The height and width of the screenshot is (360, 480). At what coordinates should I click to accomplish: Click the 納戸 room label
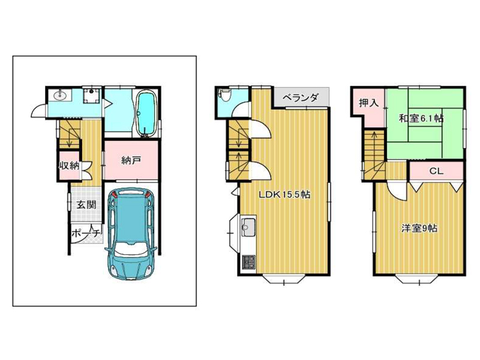pos(131,160)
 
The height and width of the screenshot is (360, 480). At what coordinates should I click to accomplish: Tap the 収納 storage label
pos(69,166)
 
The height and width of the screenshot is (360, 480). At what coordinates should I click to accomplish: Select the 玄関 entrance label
pos(86,205)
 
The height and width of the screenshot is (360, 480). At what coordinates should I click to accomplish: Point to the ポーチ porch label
pos(86,233)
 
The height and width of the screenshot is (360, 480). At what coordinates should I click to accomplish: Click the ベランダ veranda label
pos(301,98)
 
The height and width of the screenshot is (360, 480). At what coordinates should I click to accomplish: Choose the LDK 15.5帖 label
pos(284,194)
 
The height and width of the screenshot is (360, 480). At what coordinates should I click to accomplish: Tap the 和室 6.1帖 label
pos(421,118)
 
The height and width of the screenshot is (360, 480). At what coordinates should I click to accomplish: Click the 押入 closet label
pos(369,103)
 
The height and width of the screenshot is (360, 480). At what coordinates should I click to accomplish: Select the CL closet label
pos(436,171)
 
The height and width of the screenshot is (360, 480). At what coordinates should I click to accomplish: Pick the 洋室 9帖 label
pos(419,229)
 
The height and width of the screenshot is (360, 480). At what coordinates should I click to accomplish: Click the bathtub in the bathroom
pos(145,113)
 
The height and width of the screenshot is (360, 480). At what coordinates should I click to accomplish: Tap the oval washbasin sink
pos(62,95)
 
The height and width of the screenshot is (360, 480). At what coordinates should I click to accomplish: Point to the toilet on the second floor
pos(224,95)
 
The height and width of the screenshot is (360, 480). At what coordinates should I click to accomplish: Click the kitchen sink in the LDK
pos(248,227)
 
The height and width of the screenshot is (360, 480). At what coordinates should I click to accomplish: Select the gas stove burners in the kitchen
pos(249,262)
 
